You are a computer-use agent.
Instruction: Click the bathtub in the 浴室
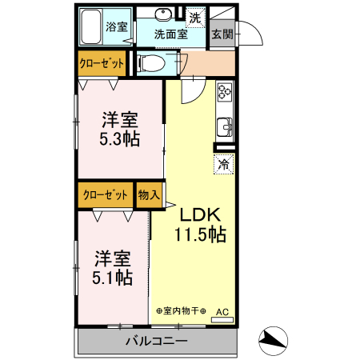[90, 26]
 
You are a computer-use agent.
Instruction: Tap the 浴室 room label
[117, 26]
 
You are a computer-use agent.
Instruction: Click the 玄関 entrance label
[222, 34]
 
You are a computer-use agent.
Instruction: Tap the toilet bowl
[151, 63]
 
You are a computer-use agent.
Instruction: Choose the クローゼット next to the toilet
[102, 63]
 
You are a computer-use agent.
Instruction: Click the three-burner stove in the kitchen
[225, 92]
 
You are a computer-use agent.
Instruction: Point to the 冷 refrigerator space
[224, 164]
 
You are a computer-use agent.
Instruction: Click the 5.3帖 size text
[120, 139]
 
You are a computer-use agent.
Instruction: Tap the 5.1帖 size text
[112, 278]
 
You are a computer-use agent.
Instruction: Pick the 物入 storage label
[149, 194]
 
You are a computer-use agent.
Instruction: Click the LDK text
[201, 214]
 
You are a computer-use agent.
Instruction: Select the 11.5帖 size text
[201, 234]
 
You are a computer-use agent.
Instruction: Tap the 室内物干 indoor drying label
[181, 310]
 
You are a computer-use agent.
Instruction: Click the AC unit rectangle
[222, 319]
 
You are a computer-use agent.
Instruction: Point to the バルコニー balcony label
[157, 341]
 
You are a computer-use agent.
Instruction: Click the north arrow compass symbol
[273, 341]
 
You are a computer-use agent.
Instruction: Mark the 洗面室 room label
[171, 34]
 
